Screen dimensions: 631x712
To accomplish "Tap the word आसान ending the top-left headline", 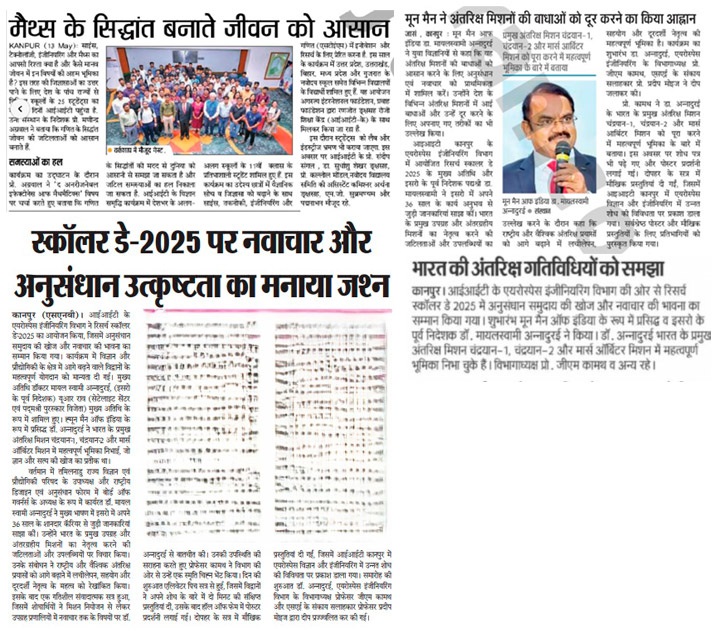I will coord(351,20).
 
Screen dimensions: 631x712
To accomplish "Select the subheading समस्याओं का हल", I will coord(37,160).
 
